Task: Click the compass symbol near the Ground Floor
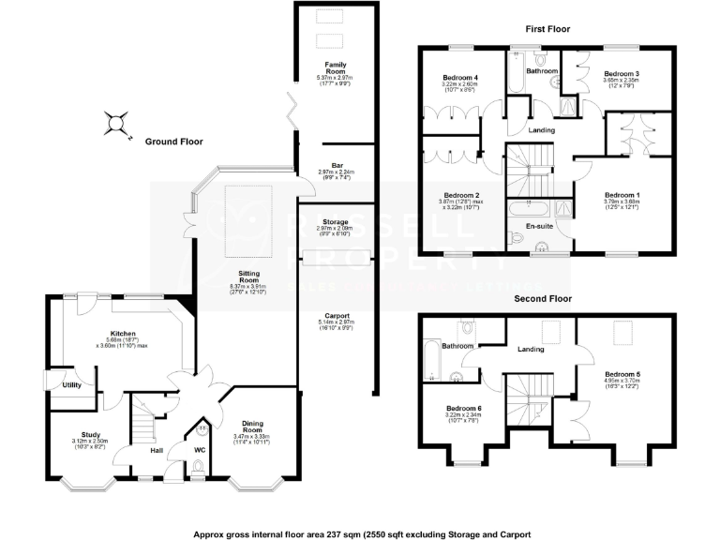115,122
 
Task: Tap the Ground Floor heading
173,142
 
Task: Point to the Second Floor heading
543,299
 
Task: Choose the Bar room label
337,166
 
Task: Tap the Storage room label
336,222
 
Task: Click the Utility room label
72,385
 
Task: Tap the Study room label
90,435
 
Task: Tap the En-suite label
538,226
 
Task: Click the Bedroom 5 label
623,374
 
